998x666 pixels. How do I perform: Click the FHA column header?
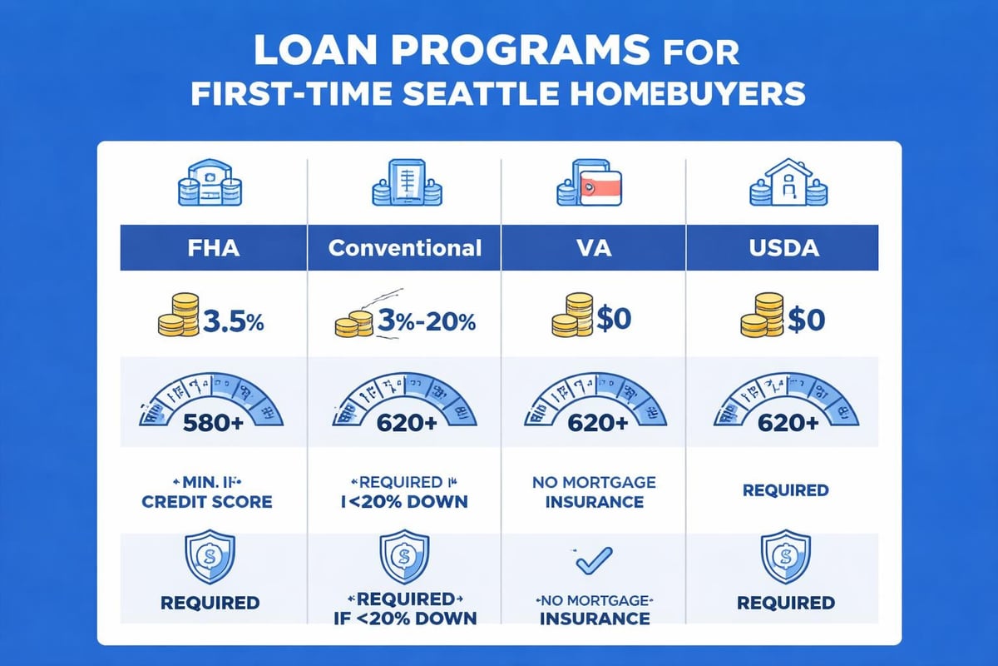tap(214, 248)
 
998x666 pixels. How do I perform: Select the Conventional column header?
tap(404, 248)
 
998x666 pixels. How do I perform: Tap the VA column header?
tap(593, 248)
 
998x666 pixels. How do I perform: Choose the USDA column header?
tap(783, 248)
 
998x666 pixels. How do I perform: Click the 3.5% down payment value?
tap(233, 322)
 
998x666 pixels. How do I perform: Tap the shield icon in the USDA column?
tap(783, 555)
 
